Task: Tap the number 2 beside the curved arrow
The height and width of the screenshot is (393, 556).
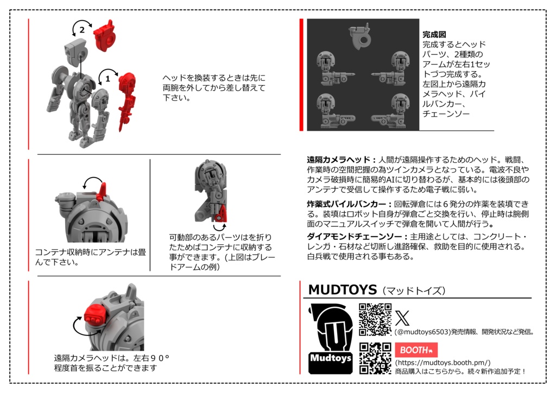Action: pos(82,30)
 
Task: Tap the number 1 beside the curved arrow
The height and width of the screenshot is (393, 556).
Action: pos(108,78)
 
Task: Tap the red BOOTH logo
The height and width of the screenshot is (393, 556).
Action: pos(416,350)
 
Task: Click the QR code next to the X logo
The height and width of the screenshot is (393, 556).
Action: pos(375,319)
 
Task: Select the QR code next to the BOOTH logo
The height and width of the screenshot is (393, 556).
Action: pos(375,358)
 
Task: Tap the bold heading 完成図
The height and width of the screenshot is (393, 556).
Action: pos(434,34)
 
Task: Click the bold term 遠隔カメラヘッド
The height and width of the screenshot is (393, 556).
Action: pos(338,160)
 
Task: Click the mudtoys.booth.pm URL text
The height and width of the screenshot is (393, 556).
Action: pos(443,363)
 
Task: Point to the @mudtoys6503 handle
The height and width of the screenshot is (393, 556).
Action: pos(424,331)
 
